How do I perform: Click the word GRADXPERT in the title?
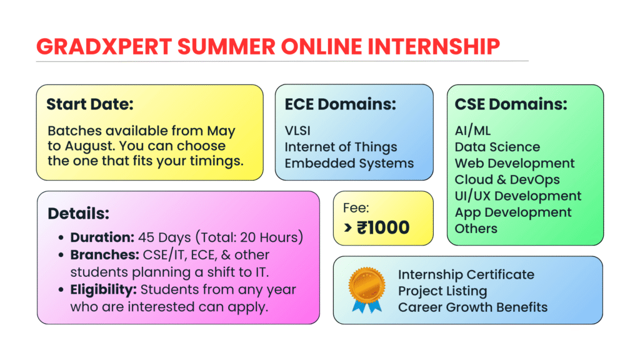[x=104, y=46]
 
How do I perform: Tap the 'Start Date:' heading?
[x=90, y=104]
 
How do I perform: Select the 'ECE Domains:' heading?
[x=341, y=104]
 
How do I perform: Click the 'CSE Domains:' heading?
[x=511, y=104]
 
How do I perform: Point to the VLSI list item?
[x=297, y=131]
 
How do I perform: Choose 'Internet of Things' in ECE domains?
[x=341, y=147]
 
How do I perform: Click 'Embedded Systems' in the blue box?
[x=349, y=163]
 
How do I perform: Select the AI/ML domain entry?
[x=472, y=131]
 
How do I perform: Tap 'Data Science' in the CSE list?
[x=497, y=147]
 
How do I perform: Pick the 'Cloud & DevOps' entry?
[x=507, y=179]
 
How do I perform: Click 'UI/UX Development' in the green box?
[x=518, y=196]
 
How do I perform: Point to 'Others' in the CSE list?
[x=476, y=229]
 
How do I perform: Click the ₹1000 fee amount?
[x=383, y=227]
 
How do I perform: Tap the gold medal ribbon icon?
[x=366, y=290]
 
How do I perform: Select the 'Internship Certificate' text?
[x=466, y=275]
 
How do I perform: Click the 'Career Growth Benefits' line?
[x=472, y=307]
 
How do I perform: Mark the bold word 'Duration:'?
[x=102, y=237]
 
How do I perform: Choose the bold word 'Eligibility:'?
[x=103, y=289]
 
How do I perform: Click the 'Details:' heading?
[x=78, y=214]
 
